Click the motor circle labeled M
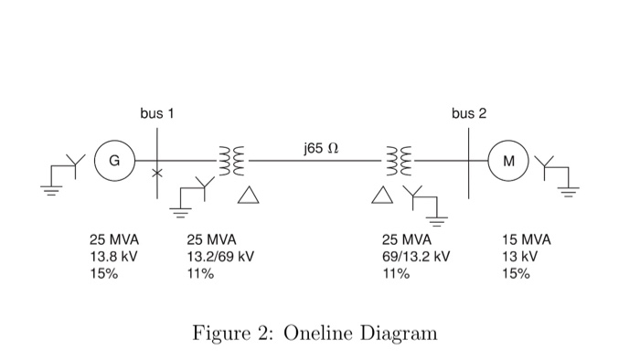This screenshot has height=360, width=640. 509,161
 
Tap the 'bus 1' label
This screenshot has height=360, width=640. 156,114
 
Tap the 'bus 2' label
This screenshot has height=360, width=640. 469,114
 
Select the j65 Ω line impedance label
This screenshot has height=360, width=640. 319,147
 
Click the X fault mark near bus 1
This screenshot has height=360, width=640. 157,172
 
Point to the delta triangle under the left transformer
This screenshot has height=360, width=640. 247,195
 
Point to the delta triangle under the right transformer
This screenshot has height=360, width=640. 383,195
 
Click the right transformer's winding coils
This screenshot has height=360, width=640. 401,161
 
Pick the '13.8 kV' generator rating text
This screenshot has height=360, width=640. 112,257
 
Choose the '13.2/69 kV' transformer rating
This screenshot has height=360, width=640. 219,257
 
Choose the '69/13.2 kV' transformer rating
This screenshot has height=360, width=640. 416,257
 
